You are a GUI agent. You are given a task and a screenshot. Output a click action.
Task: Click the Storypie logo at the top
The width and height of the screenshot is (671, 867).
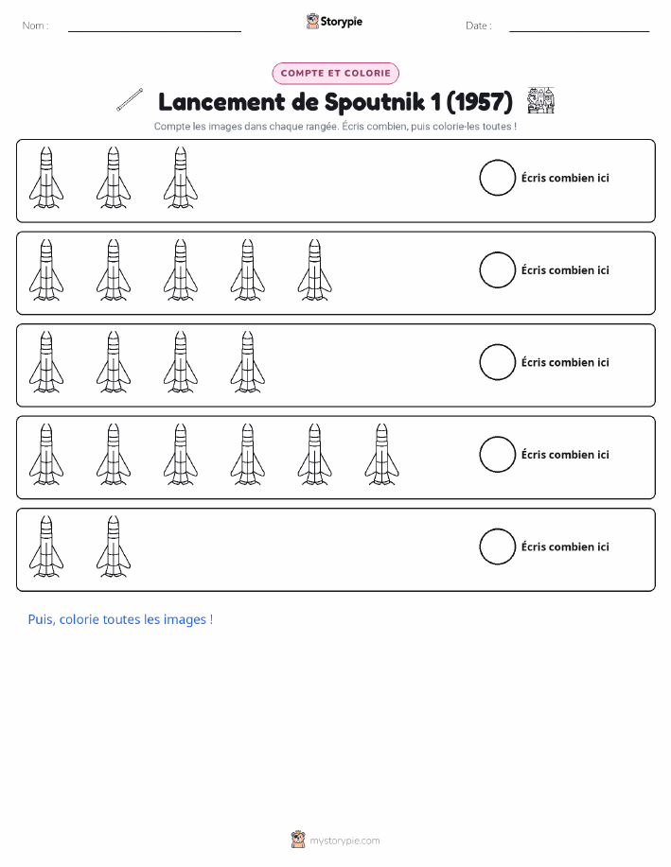(334, 22)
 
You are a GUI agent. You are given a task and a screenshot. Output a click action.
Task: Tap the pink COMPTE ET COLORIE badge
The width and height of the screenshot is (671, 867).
(335, 73)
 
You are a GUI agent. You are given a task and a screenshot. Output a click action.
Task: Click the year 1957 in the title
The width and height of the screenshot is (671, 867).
(480, 102)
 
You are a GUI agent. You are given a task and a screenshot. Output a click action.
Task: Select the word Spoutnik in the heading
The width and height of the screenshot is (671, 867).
(374, 102)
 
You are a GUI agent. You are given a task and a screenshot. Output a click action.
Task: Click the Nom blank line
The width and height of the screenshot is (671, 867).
(154, 31)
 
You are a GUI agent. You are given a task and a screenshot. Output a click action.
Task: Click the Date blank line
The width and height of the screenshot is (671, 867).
(579, 31)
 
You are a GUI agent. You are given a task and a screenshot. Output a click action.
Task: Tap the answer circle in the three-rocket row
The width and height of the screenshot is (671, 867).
(497, 178)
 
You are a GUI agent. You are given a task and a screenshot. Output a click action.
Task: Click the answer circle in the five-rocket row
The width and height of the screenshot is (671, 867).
(497, 269)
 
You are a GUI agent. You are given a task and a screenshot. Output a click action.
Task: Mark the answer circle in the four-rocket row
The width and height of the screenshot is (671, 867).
(497, 362)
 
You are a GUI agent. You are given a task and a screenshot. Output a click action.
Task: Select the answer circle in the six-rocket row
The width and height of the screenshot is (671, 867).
(497, 455)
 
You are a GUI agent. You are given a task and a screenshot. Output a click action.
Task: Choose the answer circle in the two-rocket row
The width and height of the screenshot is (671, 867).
(497, 546)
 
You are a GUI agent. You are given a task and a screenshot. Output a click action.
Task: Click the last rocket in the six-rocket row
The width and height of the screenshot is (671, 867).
(382, 455)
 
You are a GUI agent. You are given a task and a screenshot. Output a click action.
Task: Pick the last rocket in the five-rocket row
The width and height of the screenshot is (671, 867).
(315, 269)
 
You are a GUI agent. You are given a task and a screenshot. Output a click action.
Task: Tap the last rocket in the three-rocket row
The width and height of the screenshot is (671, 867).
(181, 178)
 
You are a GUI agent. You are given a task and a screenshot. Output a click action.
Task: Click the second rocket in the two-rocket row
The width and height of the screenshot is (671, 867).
(114, 546)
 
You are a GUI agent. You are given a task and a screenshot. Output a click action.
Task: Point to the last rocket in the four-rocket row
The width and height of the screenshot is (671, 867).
(247, 362)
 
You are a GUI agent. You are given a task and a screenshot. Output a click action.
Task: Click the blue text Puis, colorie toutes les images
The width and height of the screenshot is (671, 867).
(120, 619)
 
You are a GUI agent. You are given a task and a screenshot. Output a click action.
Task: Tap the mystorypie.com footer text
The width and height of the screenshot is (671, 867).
(344, 841)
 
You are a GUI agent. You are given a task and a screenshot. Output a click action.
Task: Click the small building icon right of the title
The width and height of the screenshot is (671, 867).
(541, 100)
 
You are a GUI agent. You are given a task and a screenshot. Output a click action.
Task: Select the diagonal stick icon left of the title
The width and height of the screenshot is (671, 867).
(130, 99)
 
